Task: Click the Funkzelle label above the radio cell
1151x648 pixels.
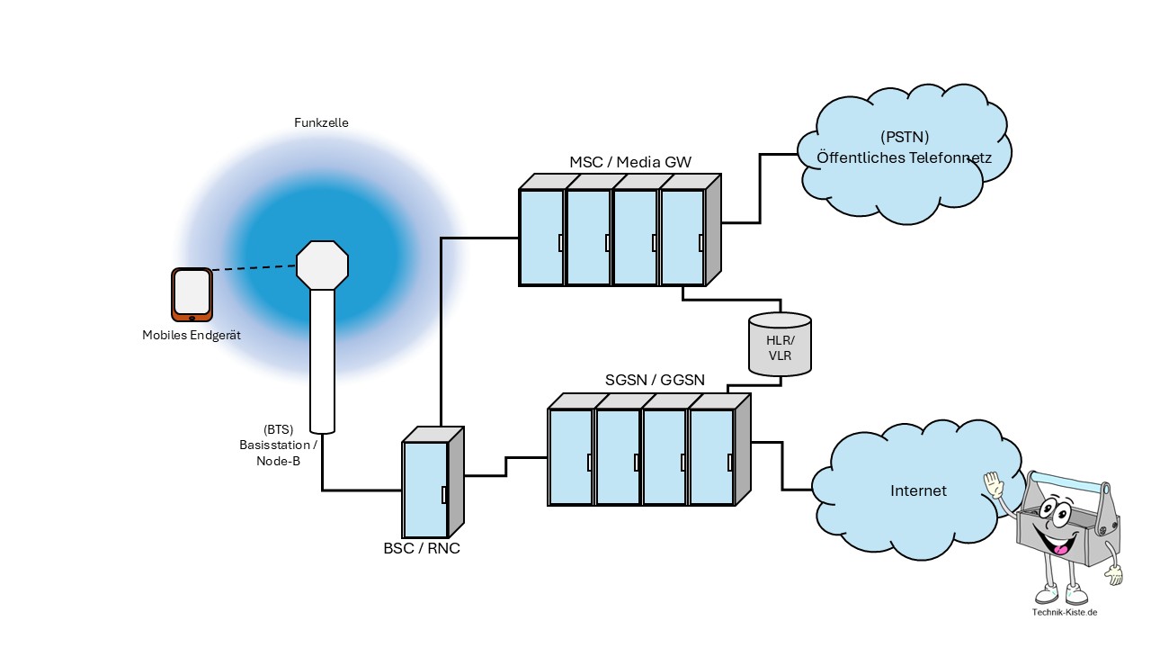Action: tap(321, 122)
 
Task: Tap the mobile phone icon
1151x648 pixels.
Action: tap(192, 294)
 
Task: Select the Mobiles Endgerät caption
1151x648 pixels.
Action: tap(192, 336)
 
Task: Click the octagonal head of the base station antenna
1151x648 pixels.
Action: tap(322, 264)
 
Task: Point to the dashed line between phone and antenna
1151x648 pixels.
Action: tap(254, 267)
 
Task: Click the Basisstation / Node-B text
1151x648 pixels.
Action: tap(277, 445)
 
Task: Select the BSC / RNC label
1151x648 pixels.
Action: tap(422, 548)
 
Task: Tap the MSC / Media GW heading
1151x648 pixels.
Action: tap(630, 162)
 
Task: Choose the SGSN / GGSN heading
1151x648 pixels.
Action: tap(654, 381)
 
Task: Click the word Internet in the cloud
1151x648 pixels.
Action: tap(918, 490)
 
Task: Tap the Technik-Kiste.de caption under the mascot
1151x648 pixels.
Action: tap(1066, 612)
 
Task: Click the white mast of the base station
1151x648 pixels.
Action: tap(322, 360)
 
